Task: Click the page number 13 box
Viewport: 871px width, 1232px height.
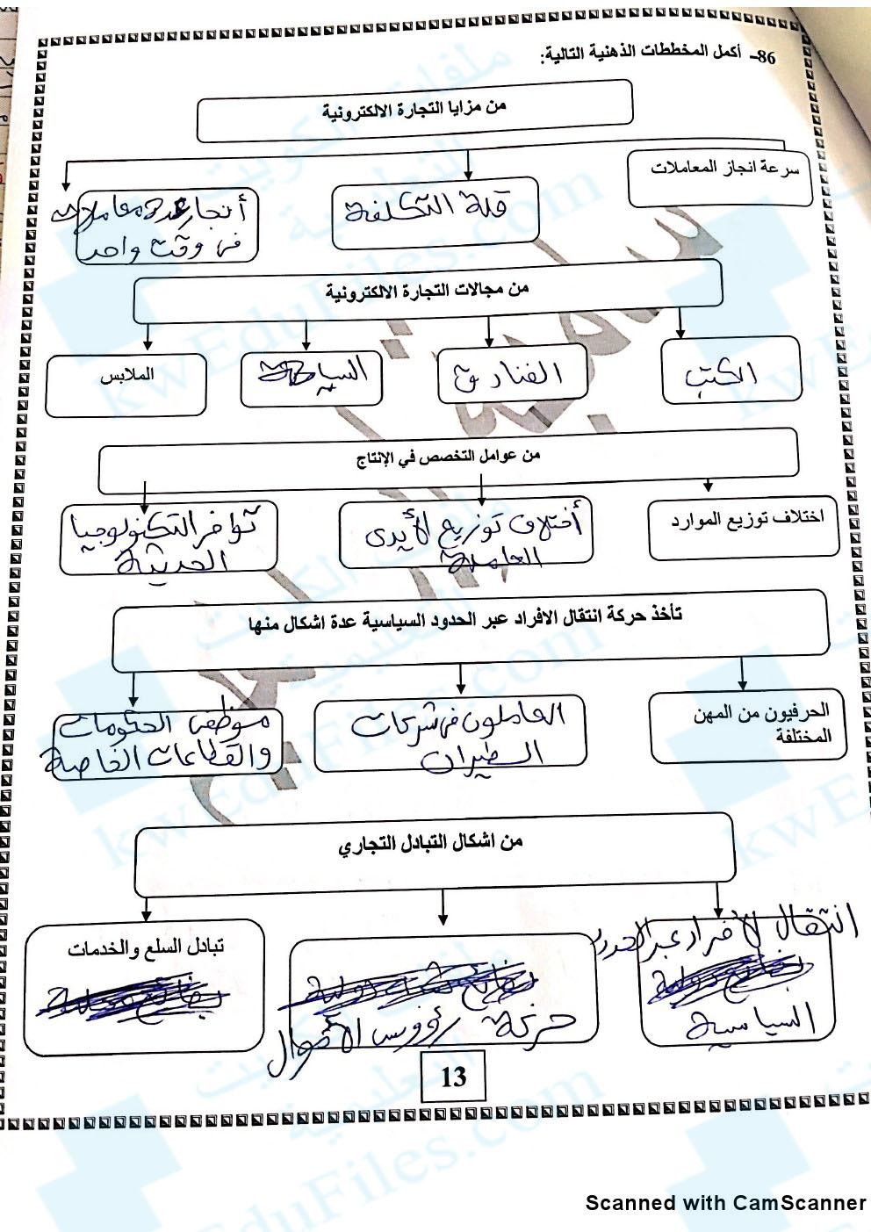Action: pos(453,1077)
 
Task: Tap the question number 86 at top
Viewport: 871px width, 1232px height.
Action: pos(765,58)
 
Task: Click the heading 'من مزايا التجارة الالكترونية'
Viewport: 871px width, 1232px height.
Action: pos(414,110)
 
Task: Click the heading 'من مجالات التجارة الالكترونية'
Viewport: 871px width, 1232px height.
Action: pos(428,291)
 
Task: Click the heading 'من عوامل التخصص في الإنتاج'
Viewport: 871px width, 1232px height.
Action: pos(448,457)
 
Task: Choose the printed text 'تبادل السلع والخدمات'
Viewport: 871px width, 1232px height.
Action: pos(146,948)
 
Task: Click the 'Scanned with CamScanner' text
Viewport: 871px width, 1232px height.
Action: pos(725,1203)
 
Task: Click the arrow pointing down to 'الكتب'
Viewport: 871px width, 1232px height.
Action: pos(680,326)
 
